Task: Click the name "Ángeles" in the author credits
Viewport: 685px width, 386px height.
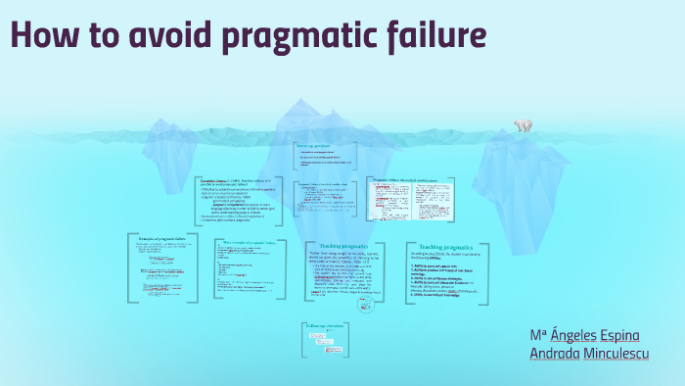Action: (x=585, y=334)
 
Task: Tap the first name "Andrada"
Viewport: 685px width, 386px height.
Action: (x=562, y=354)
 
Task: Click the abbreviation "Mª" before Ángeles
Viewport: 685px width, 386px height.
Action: (x=539, y=334)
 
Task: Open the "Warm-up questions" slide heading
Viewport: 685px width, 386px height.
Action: (x=315, y=146)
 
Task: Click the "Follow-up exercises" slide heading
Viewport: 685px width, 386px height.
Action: (x=327, y=328)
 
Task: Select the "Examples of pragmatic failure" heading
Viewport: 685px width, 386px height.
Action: (x=163, y=239)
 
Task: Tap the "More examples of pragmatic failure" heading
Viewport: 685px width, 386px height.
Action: (x=250, y=242)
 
